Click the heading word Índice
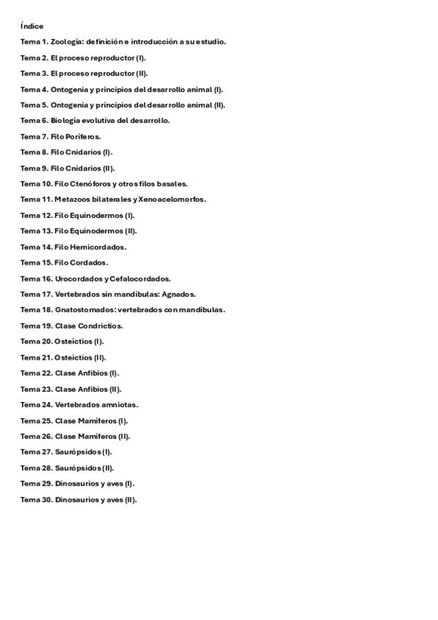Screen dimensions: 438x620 (x=32, y=26)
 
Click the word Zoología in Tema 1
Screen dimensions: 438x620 (x=67, y=42)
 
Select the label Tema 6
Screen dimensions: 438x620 (x=34, y=121)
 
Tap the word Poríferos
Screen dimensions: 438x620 (x=84, y=137)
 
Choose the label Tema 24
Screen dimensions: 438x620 (x=36, y=404)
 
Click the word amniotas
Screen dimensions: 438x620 (x=120, y=404)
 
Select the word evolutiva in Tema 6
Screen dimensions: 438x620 (x=101, y=121)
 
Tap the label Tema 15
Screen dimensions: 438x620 (x=36, y=262)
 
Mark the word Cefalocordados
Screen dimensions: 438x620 (x=143, y=279)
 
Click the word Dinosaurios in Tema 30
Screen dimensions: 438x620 (x=78, y=499)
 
